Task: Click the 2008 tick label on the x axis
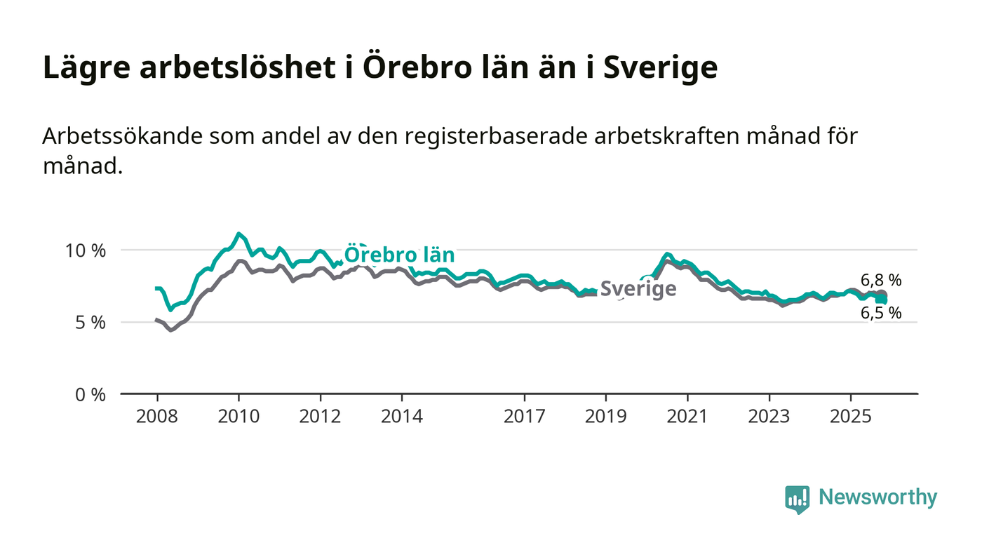[x=157, y=417]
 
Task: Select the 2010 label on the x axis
[x=238, y=417]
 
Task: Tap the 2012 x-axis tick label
[x=320, y=417]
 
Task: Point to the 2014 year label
[x=402, y=417]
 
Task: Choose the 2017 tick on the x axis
[x=524, y=417]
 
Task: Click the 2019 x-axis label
[x=605, y=417]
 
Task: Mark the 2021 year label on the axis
[x=687, y=417]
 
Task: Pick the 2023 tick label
[x=768, y=417]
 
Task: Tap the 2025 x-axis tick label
[x=850, y=417]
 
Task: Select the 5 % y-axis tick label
[x=90, y=323]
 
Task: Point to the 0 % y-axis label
[x=90, y=395]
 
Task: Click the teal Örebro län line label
[x=399, y=254]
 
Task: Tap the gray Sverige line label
[x=638, y=289]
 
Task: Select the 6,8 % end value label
[x=881, y=281]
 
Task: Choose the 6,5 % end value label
[x=881, y=313]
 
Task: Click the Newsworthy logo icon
[x=797, y=499]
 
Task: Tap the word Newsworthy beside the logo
[x=877, y=497]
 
